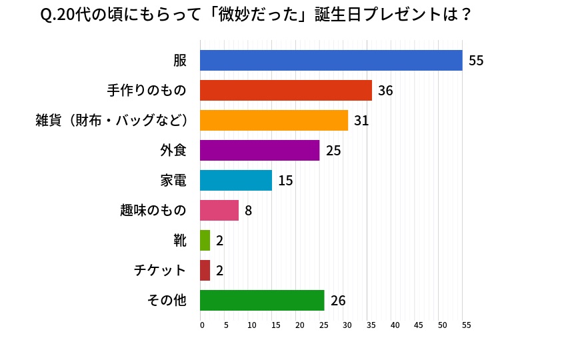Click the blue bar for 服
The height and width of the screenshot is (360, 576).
click(x=331, y=60)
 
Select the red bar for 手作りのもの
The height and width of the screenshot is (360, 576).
click(x=286, y=90)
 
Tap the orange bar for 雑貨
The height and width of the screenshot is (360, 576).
click(x=274, y=120)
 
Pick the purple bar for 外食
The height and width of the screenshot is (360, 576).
click(x=260, y=150)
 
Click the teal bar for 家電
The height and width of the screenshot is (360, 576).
click(x=236, y=180)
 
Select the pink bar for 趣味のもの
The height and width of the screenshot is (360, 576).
click(x=219, y=210)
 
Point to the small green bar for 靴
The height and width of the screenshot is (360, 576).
click(x=205, y=240)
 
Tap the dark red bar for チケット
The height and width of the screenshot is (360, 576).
click(x=205, y=270)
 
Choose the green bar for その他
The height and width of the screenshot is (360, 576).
click(x=262, y=300)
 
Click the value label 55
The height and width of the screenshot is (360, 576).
click(x=476, y=61)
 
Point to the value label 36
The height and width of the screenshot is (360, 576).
click(x=385, y=91)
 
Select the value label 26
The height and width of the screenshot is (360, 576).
click(x=338, y=301)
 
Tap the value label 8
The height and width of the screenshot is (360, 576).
click(x=248, y=211)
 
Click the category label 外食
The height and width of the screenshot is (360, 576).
click(x=173, y=150)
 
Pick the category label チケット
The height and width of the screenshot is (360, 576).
click(x=160, y=270)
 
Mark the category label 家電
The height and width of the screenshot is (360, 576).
click(x=173, y=180)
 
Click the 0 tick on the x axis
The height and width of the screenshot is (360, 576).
click(x=202, y=325)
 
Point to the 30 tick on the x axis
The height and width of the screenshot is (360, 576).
click(x=347, y=325)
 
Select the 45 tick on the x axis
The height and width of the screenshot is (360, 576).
click(x=419, y=325)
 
